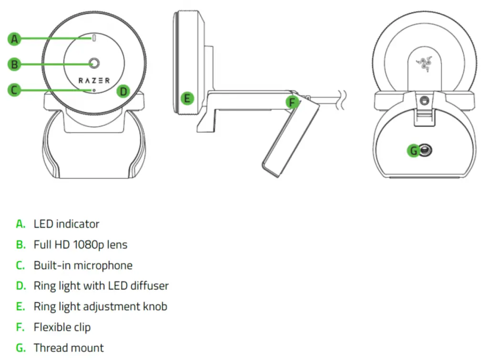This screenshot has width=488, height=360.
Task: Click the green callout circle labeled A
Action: [x=15, y=39]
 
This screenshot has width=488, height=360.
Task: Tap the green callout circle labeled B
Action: [x=15, y=64]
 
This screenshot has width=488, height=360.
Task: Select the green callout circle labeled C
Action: [x=15, y=90]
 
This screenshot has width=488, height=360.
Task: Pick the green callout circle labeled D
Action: [x=123, y=91]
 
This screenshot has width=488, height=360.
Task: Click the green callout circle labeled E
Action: [x=187, y=99]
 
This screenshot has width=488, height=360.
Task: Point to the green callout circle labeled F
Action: [x=292, y=101]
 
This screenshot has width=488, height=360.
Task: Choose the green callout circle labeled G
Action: [x=414, y=151]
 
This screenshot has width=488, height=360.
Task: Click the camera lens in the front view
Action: [x=94, y=63]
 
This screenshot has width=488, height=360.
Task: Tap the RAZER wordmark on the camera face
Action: [x=94, y=80]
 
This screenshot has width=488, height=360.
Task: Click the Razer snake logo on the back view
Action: [x=424, y=64]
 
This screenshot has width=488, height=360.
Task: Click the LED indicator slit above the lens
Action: [x=94, y=39]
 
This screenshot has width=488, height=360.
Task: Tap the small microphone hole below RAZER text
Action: [x=94, y=90]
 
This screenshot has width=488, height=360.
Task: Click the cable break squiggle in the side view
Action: [x=342, y=100]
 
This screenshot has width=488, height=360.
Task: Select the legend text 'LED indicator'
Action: [x=66, y=224]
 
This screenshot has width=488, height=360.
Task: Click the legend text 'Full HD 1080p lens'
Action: [x=80, y=245]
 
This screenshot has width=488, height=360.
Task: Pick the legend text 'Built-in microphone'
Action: [x=83, y=265]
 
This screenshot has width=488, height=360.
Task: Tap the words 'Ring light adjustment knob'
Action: [x=100, y=307]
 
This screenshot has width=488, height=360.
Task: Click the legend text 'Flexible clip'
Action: [x=62, y=328]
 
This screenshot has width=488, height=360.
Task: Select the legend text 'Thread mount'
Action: [x=69, y=348]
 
